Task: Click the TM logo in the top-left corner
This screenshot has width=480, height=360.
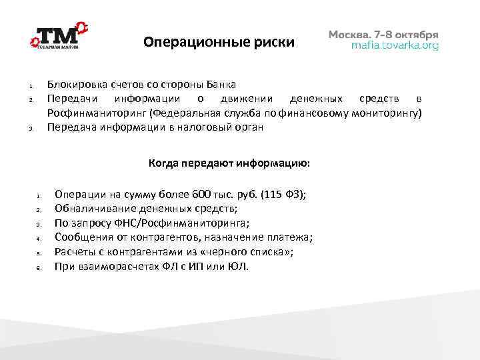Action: (59, 37)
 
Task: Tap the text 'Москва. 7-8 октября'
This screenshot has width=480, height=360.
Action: (384, 34)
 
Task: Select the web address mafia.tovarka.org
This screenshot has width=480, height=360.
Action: (395, 46)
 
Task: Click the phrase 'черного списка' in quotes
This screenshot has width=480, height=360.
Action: (257, 252)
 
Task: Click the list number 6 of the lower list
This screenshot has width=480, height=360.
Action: (39, 268)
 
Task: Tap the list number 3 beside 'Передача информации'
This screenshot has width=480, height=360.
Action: (31, 129)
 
